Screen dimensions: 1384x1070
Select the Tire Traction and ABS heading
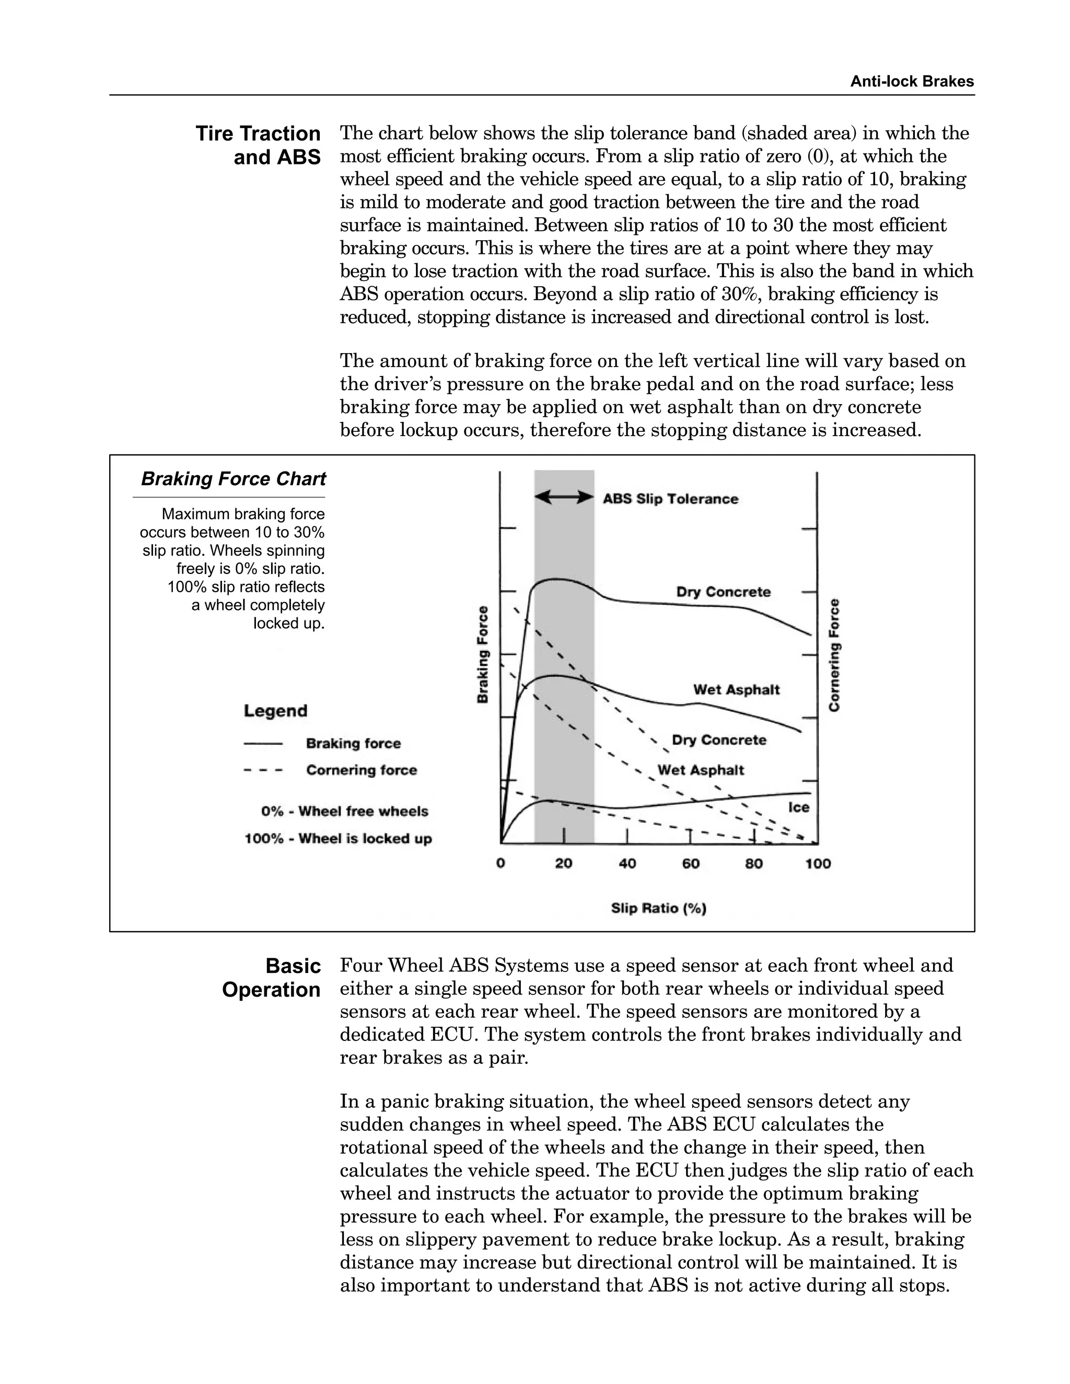click(x=258, y=145)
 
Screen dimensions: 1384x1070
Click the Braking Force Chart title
click(x=232, y=479)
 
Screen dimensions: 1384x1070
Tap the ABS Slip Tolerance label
click(x=670, y=499)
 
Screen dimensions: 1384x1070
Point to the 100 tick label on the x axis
click(x=818, y=864)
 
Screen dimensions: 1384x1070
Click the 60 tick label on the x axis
click(x=690, y=864)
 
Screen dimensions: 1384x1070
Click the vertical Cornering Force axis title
click(x=834, y=654)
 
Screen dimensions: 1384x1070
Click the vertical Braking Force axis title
click(x=483, y=654)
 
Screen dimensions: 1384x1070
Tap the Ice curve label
click(x=799, y=807)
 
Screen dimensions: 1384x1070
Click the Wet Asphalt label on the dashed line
click(x=701, y=770)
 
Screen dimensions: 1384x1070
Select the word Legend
click(x=275, y=710)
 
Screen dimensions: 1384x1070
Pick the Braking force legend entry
click(x=353, y=743)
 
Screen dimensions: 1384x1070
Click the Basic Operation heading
click(x=271, y=978)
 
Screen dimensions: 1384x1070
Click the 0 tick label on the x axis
click(x=501, y=864)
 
